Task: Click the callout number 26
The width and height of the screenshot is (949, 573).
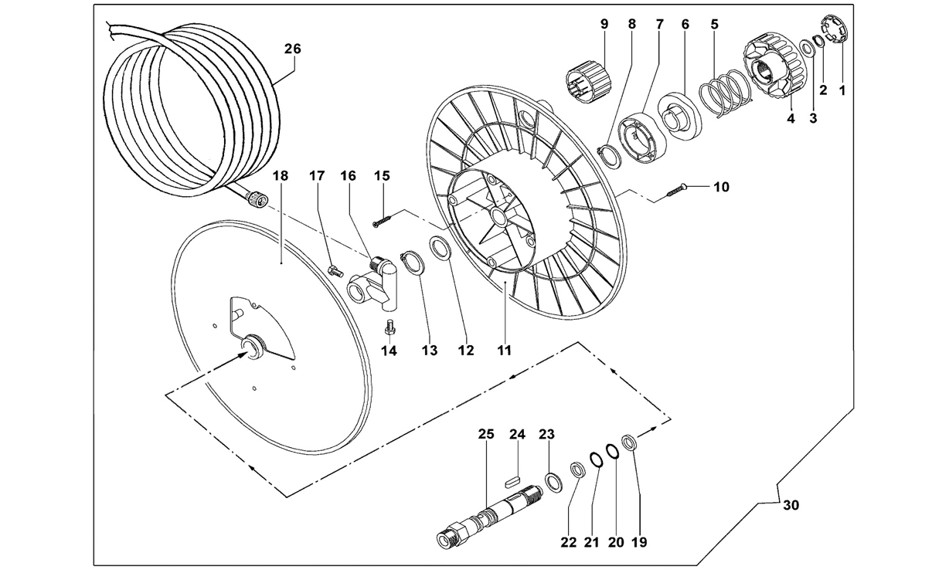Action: [292, 49]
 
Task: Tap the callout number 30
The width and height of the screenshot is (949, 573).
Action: [791, 505]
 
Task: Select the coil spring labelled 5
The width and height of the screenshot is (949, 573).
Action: [726, 94]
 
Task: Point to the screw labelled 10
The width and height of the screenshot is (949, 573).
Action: [677, 191]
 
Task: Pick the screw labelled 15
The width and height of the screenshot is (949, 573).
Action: [383, 221]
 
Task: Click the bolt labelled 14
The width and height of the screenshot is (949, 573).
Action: [389, 327]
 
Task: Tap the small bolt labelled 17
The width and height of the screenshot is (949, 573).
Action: [335, 270]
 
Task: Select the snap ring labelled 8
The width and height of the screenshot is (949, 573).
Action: [609, 157]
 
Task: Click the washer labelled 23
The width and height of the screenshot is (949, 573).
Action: [553, 483]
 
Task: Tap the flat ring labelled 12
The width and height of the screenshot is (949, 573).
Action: [440, 249]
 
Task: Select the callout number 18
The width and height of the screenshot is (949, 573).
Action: [280, 176]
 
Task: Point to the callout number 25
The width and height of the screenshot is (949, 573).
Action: [486, 434]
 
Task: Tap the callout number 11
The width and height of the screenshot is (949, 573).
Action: [504, 351]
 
